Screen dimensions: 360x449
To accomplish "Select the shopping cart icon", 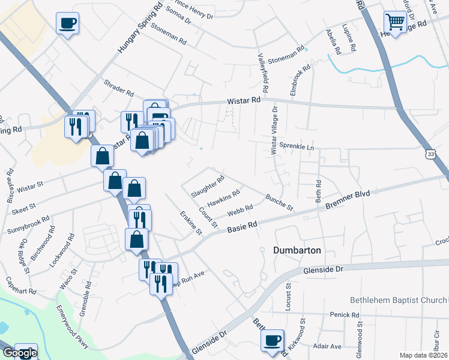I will tap(395, 22).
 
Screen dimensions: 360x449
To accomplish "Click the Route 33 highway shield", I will tap(431, 155).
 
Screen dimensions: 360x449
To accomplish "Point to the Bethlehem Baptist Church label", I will tap(399, 299).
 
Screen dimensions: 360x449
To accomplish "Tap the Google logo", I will tap(19, 353).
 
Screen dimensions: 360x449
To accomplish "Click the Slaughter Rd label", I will tap(207, 187).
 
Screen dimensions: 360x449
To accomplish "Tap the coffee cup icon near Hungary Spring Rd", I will tap(67, 24).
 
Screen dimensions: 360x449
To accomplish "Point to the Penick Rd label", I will tap(344, 314).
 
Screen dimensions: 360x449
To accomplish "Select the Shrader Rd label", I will tap(118, 87).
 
